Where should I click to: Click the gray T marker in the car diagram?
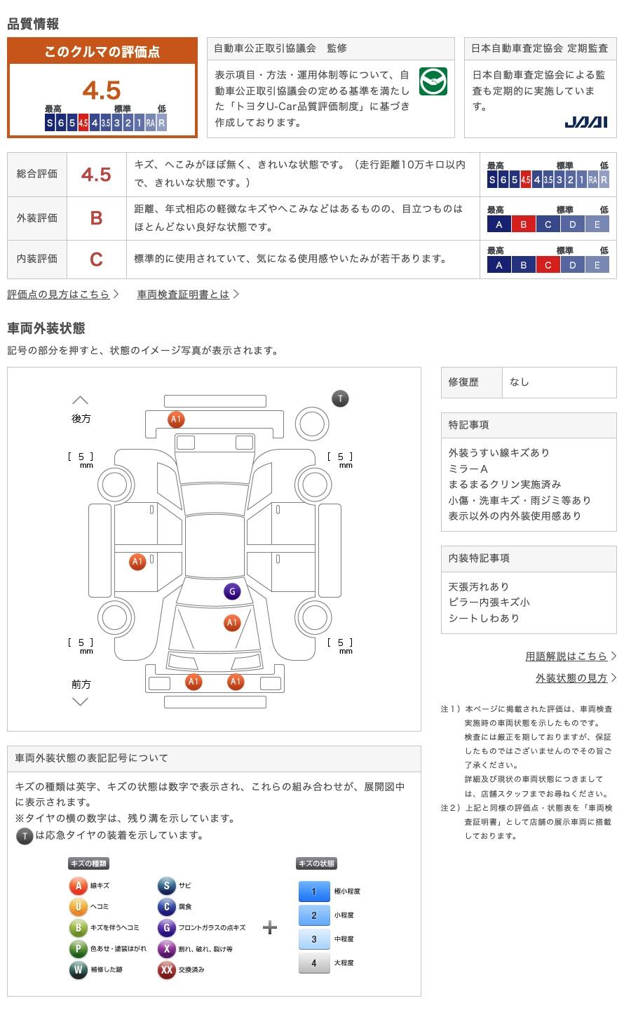click(x=340, y=399)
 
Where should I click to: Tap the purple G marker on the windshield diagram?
click(x=232, y=591)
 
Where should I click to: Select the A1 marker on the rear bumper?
click(x=176, y=419)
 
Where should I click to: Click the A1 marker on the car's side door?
click(x=137, y=561)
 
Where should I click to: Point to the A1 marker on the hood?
click(x=232, y=622)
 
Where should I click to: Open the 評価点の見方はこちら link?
click(x=59, y=295)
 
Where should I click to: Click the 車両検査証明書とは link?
click(x=184, y=295)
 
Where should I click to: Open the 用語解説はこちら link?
click(x=567, y=656)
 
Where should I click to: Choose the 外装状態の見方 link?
click(x=571, y=678)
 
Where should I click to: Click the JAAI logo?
click(x=586, y=122)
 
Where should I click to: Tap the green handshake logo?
click(x=433, y=82)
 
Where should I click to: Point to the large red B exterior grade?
click(x=97, y=218)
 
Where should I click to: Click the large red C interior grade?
click(x=97, y=260)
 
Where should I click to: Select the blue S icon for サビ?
click(x=166, y=886)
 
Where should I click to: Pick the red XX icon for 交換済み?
click(x=166, y=970)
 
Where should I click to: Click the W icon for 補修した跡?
click(x=78, y=970)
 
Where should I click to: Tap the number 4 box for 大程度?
click(x=314, y=963)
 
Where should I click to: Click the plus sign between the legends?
click(x=270, y=928)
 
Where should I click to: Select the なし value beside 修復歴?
click(x=520, y=382)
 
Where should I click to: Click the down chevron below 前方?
click(x=81, y=701)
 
